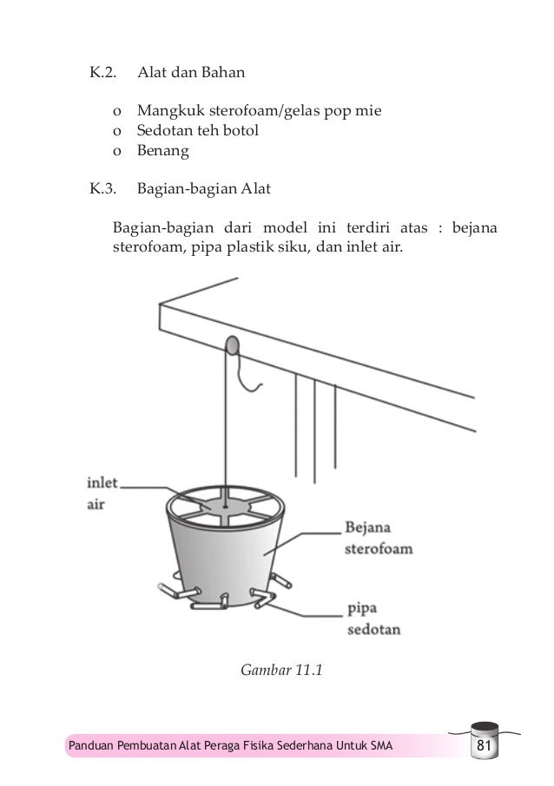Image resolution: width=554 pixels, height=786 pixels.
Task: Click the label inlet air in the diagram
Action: [x=105, y=492]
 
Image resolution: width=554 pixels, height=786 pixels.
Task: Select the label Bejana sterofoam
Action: [x=377, y=537]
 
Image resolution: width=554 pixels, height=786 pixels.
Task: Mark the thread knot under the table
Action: [x=232, y=348]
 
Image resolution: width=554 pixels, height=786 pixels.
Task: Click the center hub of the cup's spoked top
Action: [x=225, y=504]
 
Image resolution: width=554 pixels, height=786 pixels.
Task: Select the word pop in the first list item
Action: [x=337, y=112]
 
